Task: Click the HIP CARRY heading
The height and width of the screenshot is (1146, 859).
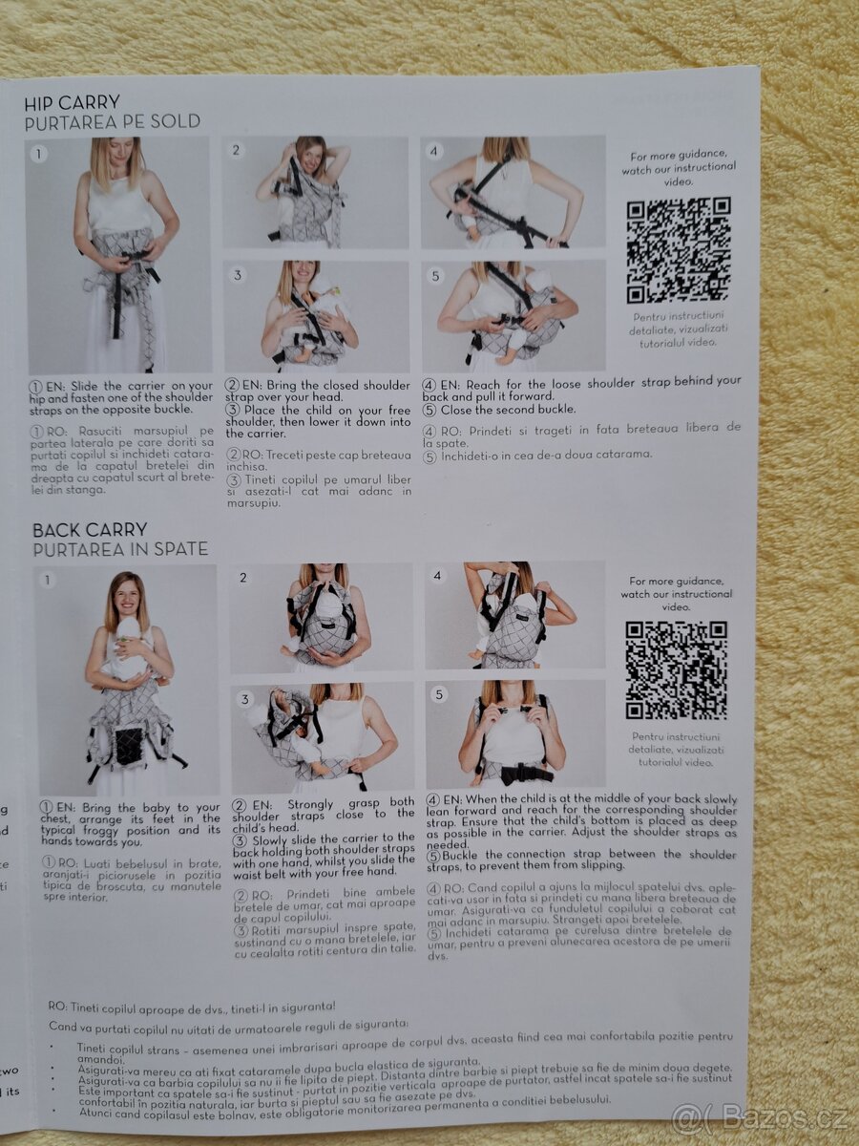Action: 73,102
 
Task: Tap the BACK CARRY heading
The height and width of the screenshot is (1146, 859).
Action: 90,530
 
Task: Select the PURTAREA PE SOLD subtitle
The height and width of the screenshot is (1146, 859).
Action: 113,122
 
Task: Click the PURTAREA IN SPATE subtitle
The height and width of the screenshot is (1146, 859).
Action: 120,550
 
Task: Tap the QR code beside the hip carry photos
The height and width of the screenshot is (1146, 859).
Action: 679,250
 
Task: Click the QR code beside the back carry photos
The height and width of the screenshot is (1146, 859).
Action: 676,669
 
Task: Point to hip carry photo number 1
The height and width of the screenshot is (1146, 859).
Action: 118,255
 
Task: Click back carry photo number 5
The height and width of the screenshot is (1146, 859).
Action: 515,733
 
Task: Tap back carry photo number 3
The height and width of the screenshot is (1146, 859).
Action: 322,737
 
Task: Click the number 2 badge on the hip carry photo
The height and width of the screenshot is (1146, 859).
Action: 237,151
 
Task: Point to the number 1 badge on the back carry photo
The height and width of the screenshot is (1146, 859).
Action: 48,580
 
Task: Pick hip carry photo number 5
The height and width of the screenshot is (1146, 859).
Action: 513,316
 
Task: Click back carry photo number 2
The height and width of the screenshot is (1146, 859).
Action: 322,618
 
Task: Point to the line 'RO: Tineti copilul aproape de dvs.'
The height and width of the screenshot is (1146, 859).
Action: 192,1007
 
